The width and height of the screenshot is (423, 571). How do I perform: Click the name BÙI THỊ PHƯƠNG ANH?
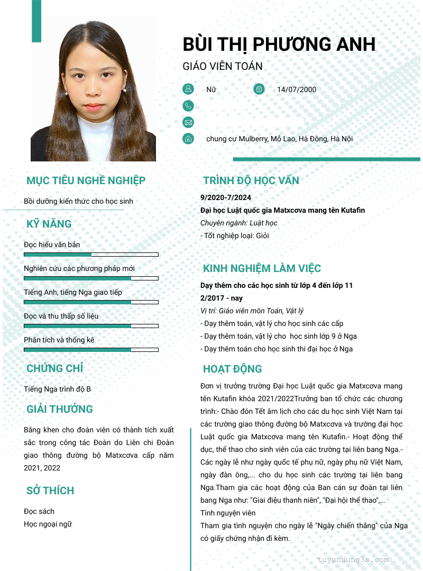coord(279,44)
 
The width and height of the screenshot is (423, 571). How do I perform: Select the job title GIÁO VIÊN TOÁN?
coord(222,67)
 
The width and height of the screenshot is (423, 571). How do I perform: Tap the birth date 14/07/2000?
coord(297,89)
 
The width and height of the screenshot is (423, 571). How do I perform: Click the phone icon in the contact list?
coord(188,106)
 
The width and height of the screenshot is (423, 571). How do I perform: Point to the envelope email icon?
coord(188,122)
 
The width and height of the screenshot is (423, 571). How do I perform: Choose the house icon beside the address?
coord(188,139)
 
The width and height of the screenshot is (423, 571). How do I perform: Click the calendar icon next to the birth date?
coord(259,89)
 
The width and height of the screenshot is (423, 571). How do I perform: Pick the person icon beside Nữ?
coord(188,89)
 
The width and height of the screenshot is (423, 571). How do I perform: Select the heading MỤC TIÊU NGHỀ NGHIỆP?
coord(86,180)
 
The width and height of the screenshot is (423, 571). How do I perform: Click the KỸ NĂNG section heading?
coord(49,224)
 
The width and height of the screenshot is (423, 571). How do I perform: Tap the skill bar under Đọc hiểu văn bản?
coord(91,255)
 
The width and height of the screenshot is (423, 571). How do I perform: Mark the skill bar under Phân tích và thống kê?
coord(91,350)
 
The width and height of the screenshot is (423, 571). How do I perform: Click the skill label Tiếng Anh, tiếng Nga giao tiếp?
coord(73,292)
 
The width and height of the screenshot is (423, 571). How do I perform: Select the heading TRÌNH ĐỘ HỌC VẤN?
coord(251,180)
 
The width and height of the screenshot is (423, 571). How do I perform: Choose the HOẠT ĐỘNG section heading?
coord(232,369)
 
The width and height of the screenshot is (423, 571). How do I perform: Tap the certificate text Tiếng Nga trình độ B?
coord(57,389)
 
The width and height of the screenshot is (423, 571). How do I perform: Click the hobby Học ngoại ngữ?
coord(48,524)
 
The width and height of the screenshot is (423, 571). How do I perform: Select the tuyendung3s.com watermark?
coord(353,559)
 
